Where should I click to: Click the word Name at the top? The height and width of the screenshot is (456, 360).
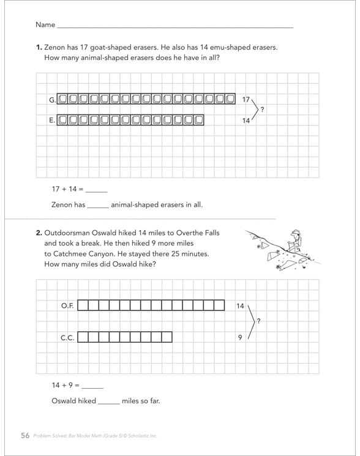pyautogui.click(x=45, y=24)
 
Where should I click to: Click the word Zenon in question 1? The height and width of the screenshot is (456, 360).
pyautogui.click(x=54, y=47)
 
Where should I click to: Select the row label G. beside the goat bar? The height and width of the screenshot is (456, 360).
pyautogui.click(x=52, y=100)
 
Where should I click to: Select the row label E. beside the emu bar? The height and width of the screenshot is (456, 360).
pyautogui.click(x=52, y=120)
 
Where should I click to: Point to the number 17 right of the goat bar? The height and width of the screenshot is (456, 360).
pyautogui.click(x=246, y=99)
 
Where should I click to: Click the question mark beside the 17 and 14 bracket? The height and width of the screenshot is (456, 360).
pyautogui.click(x=262, y=110)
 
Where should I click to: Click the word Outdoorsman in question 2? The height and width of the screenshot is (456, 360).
pyautogui.click(x=67, y=233)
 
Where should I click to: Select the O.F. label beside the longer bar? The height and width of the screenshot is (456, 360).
pyautogui.click(x=67, y=305)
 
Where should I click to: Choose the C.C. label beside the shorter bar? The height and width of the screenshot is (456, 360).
pyautogui.click(x=67, y=338)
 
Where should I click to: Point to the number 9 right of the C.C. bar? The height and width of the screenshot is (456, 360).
pyautogui.click(x=240, y=338)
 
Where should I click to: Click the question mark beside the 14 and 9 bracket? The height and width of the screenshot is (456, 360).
pyautogui.click(x=258, y=321)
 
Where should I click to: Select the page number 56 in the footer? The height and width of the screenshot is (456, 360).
pyautogui.click(x=25, y=435)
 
